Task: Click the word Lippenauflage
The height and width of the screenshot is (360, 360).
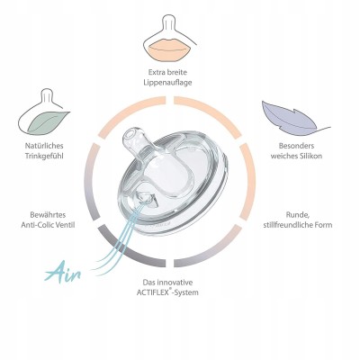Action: [167, 83]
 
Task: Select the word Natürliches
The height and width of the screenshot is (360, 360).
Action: [44, 146]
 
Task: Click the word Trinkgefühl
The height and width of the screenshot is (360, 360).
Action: [44, 156]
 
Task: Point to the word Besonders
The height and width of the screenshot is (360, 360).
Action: [296, 146]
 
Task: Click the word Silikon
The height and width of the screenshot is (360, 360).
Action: [310, 156]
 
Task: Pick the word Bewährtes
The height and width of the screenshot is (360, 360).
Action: [48, 215]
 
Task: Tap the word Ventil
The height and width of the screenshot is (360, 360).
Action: [66, 225]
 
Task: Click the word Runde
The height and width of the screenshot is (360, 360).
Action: [298, 215]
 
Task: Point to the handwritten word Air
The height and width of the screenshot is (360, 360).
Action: [63, 272]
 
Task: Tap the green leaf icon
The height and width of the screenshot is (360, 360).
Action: [48, 122]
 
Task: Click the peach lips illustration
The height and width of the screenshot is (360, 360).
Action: [166, 49]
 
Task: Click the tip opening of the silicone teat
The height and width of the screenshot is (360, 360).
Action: [130, 135]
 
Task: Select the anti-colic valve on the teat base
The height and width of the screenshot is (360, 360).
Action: [147, 199]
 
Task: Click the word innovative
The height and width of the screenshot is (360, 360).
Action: [175, 283]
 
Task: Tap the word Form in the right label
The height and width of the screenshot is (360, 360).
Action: [324, 225]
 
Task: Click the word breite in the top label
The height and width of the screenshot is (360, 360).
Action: [177, 72]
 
